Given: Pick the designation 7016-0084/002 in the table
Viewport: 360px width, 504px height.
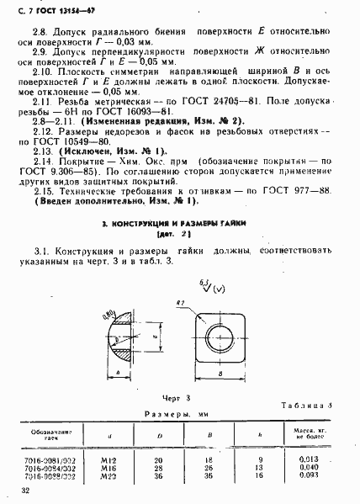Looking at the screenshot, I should [53, 470].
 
